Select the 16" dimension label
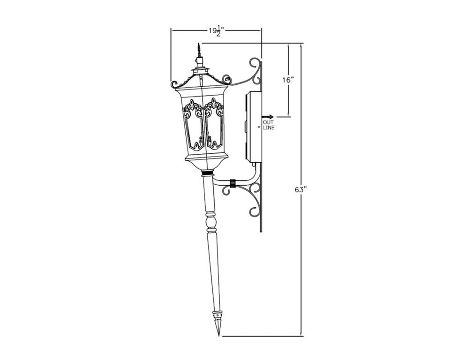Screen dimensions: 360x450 [288, 80]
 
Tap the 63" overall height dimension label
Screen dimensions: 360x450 [300, 190]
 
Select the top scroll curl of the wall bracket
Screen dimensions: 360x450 [255, 64]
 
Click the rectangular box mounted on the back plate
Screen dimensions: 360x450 [254, 127]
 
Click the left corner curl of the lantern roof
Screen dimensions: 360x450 [174, 84]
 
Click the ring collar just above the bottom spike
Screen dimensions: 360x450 [217, 313]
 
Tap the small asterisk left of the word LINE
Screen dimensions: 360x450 [259, 127]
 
